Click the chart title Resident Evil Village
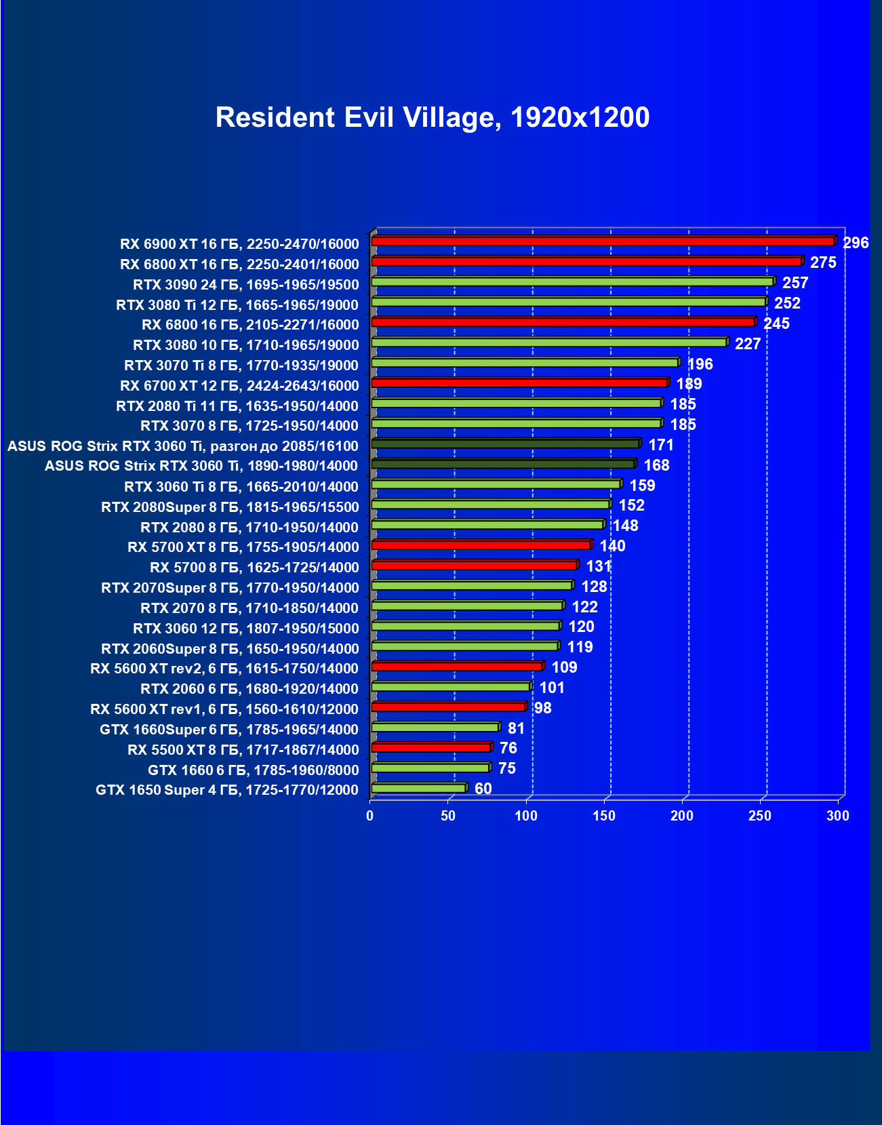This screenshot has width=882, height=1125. click(432, 117)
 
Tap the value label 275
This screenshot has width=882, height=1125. click(823, 263)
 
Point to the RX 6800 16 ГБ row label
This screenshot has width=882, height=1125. click(250, 325)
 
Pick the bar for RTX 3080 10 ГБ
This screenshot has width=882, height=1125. click(548, 342)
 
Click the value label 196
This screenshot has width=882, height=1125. click(700, 364)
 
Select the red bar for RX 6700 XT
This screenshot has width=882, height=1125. click(519, 383)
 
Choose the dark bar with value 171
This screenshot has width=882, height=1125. click(505, 443)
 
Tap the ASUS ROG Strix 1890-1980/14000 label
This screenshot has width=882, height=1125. click(201, 466)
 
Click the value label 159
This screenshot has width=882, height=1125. click(642, 486)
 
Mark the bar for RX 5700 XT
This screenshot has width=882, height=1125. click(481, 545)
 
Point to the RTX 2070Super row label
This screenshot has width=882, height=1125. click(230, 588)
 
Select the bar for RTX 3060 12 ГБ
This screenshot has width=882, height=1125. click(465, 625)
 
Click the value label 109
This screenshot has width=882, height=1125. click(564, 667)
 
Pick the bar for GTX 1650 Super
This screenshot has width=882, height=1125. click(418, 788)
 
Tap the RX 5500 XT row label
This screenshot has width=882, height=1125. click(243, 750)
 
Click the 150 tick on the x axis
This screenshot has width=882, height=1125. click(604, 816)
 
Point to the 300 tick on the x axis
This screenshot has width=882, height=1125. click(838, 816)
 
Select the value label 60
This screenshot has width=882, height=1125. click(483, 789)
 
